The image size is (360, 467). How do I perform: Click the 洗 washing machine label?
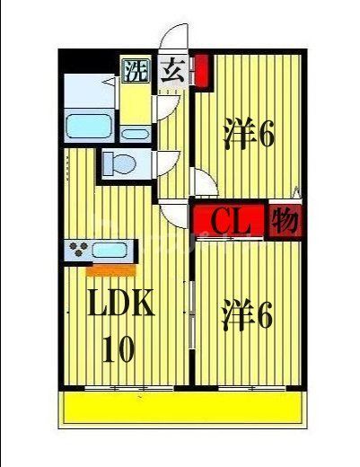pos(135,69)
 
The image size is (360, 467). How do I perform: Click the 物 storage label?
pos(285,219)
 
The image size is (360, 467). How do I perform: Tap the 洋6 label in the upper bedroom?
pos(248,135)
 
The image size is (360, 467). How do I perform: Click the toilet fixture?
pos(120,164)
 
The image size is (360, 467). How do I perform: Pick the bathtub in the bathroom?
pos(89,126)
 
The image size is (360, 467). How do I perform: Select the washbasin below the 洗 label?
pos(136,135)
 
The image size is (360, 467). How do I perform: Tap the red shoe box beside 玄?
pos(201,70)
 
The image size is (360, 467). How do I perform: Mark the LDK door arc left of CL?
pos(177,215)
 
